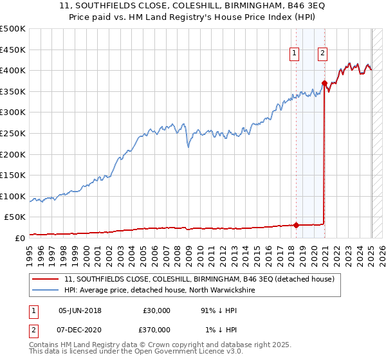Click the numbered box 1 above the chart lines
coord(294,54)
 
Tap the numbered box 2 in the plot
coord(322,54)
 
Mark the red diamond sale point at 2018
coord(297,225)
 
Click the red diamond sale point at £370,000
coord(325,83)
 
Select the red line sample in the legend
coord(46,280)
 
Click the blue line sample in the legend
coord(46,291)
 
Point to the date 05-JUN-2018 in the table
coord(80,310)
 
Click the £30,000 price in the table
coord(156,310)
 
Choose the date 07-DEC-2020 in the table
coord(80,329)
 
